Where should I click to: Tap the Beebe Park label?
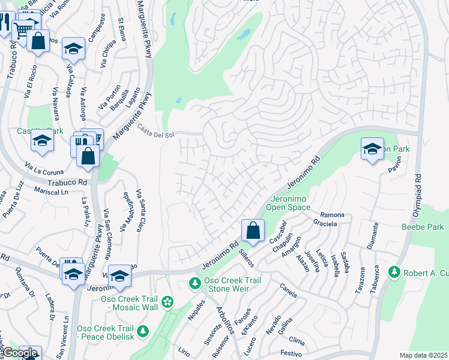[x=423, y=227]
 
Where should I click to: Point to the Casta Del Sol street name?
[x=155, y=130]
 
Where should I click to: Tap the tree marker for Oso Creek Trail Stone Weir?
[x=194, y=283]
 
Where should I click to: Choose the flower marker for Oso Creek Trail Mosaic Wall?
[x=167, y=301]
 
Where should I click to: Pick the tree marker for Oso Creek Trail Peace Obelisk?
[x=143, y=331]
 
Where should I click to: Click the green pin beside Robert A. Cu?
[x=394, y=273]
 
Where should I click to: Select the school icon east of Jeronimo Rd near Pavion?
[x=372, y=149]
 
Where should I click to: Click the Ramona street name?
[x=332, y=215]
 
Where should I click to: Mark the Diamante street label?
[x=375, y=236]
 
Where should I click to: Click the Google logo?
[x=20, y=353]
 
